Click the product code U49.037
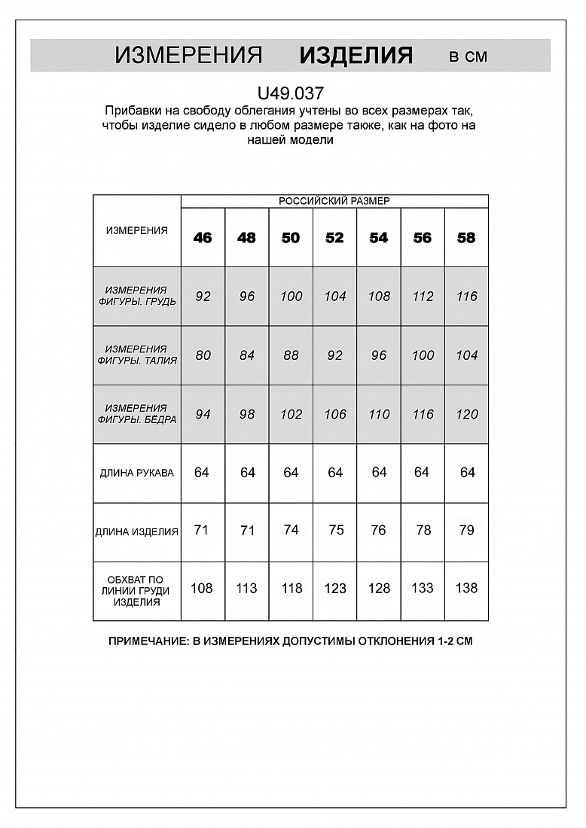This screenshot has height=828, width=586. coord(291,94)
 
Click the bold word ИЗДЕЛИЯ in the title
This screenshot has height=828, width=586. coord(356,56)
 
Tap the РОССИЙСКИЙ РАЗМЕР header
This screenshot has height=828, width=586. coord(334,201)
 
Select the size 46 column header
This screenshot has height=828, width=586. coord(203,238)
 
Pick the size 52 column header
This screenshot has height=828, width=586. coord(334,238)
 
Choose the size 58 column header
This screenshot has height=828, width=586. coord(466,238)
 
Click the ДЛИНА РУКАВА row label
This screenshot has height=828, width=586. coord(137,473)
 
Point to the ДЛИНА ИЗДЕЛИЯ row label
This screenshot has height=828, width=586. coord(137,531)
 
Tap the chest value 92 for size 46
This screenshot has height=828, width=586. coord(203,297)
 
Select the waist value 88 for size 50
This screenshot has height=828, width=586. coord(291,355)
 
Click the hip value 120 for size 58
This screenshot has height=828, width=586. coord(467,414)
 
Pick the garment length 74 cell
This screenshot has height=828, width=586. coord(291,530)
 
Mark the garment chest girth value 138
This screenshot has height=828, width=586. coord(467,589)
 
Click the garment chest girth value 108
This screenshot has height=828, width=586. coord(202,589)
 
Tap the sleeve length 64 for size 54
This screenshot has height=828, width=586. coord(379,473)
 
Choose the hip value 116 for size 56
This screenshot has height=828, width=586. coord(423,414)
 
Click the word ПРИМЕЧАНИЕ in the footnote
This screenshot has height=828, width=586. coord(147,642)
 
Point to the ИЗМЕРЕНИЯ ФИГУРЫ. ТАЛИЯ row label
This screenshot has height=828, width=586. coord(137,355)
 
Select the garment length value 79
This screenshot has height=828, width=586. coord(467,530)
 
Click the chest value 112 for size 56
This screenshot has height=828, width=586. coord(423,297)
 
